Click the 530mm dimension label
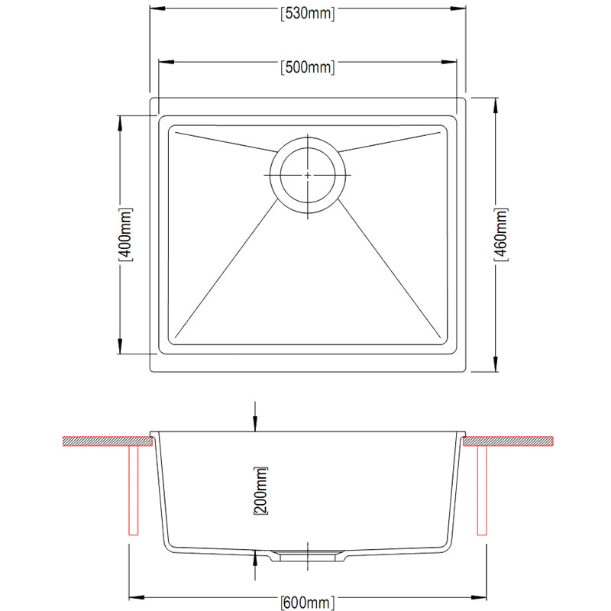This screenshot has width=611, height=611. click(308, 14)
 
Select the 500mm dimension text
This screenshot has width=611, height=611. click(308, 67)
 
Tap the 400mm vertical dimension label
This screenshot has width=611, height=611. click(126, 234)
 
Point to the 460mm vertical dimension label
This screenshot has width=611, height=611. click(501, 234)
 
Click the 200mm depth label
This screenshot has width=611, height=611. click(260, 490)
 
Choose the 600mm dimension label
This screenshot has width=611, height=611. click(308, 603)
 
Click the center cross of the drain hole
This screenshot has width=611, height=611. click(308, 176)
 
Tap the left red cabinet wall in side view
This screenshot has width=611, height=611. click(133, 490)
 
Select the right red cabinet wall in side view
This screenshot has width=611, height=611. click(482, 490)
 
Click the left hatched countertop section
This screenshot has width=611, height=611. click(108, 441)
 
